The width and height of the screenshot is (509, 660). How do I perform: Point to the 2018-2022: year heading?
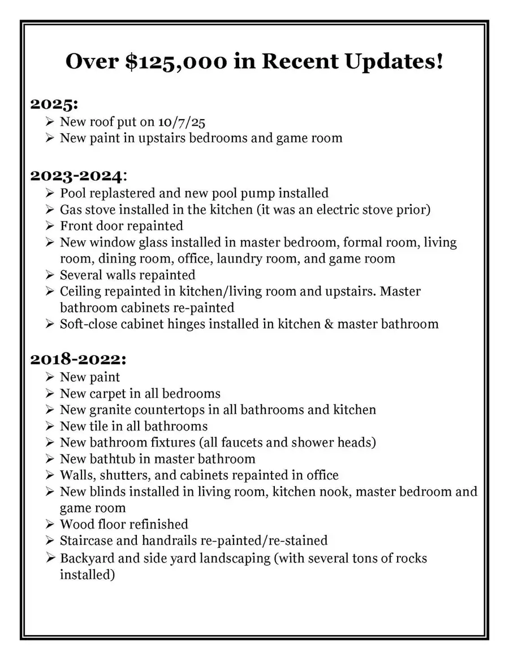coord(78,359)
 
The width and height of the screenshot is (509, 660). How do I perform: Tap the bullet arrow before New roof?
coord(49,121)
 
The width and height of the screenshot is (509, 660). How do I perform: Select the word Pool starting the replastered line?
coord(72,193)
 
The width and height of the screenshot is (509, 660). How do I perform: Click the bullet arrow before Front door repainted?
coord(49,226)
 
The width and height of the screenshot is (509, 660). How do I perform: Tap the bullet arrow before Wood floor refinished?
coord(49,524)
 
